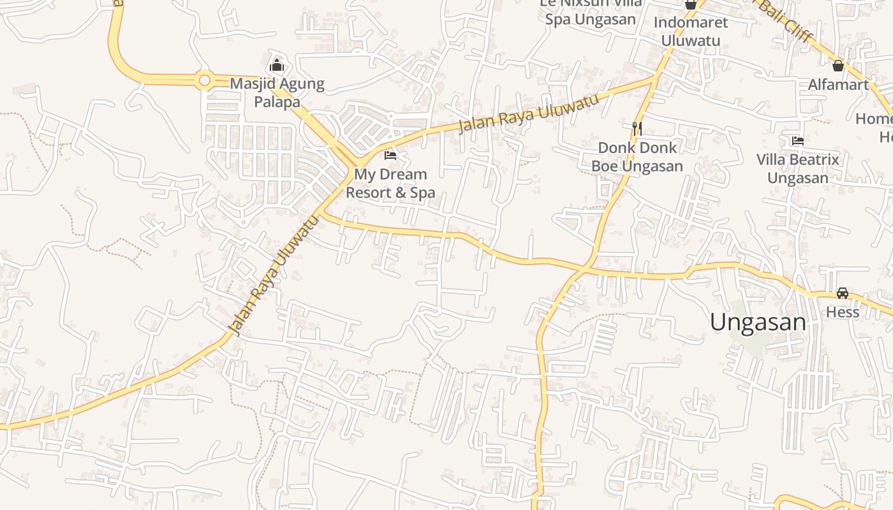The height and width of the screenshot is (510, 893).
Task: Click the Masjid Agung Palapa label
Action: tap(277, 92)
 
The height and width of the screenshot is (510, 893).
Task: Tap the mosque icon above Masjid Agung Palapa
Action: tap(277, 65)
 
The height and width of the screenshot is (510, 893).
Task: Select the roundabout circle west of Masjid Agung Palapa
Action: tap(204, 80)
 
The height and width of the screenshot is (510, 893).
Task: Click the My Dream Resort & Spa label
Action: tap(390, 183)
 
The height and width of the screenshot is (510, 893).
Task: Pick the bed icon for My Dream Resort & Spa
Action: tap(390, 155)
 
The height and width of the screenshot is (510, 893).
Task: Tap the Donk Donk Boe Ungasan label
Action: tap(637, 157)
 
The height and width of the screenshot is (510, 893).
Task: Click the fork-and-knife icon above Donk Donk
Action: tap(637, 128)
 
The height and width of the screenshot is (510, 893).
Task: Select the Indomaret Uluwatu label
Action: tap(690, 31)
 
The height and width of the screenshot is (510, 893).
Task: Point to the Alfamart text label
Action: tap(838, 85)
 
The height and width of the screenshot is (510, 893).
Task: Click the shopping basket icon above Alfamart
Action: tap(838, 65)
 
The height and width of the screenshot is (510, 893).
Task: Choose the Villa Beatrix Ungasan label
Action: tap(797, 168)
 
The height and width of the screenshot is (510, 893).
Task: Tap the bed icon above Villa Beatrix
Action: tap(797, 140)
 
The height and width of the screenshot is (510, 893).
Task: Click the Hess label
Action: tap(843, 312)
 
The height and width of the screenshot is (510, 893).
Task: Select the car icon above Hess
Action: tap(843, 293)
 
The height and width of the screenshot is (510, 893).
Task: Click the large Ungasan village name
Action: tap(758, 323)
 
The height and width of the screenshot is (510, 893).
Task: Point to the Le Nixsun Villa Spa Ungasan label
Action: tap(590, 11)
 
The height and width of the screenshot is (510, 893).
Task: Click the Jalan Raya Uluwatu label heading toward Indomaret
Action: tap(529, 113)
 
